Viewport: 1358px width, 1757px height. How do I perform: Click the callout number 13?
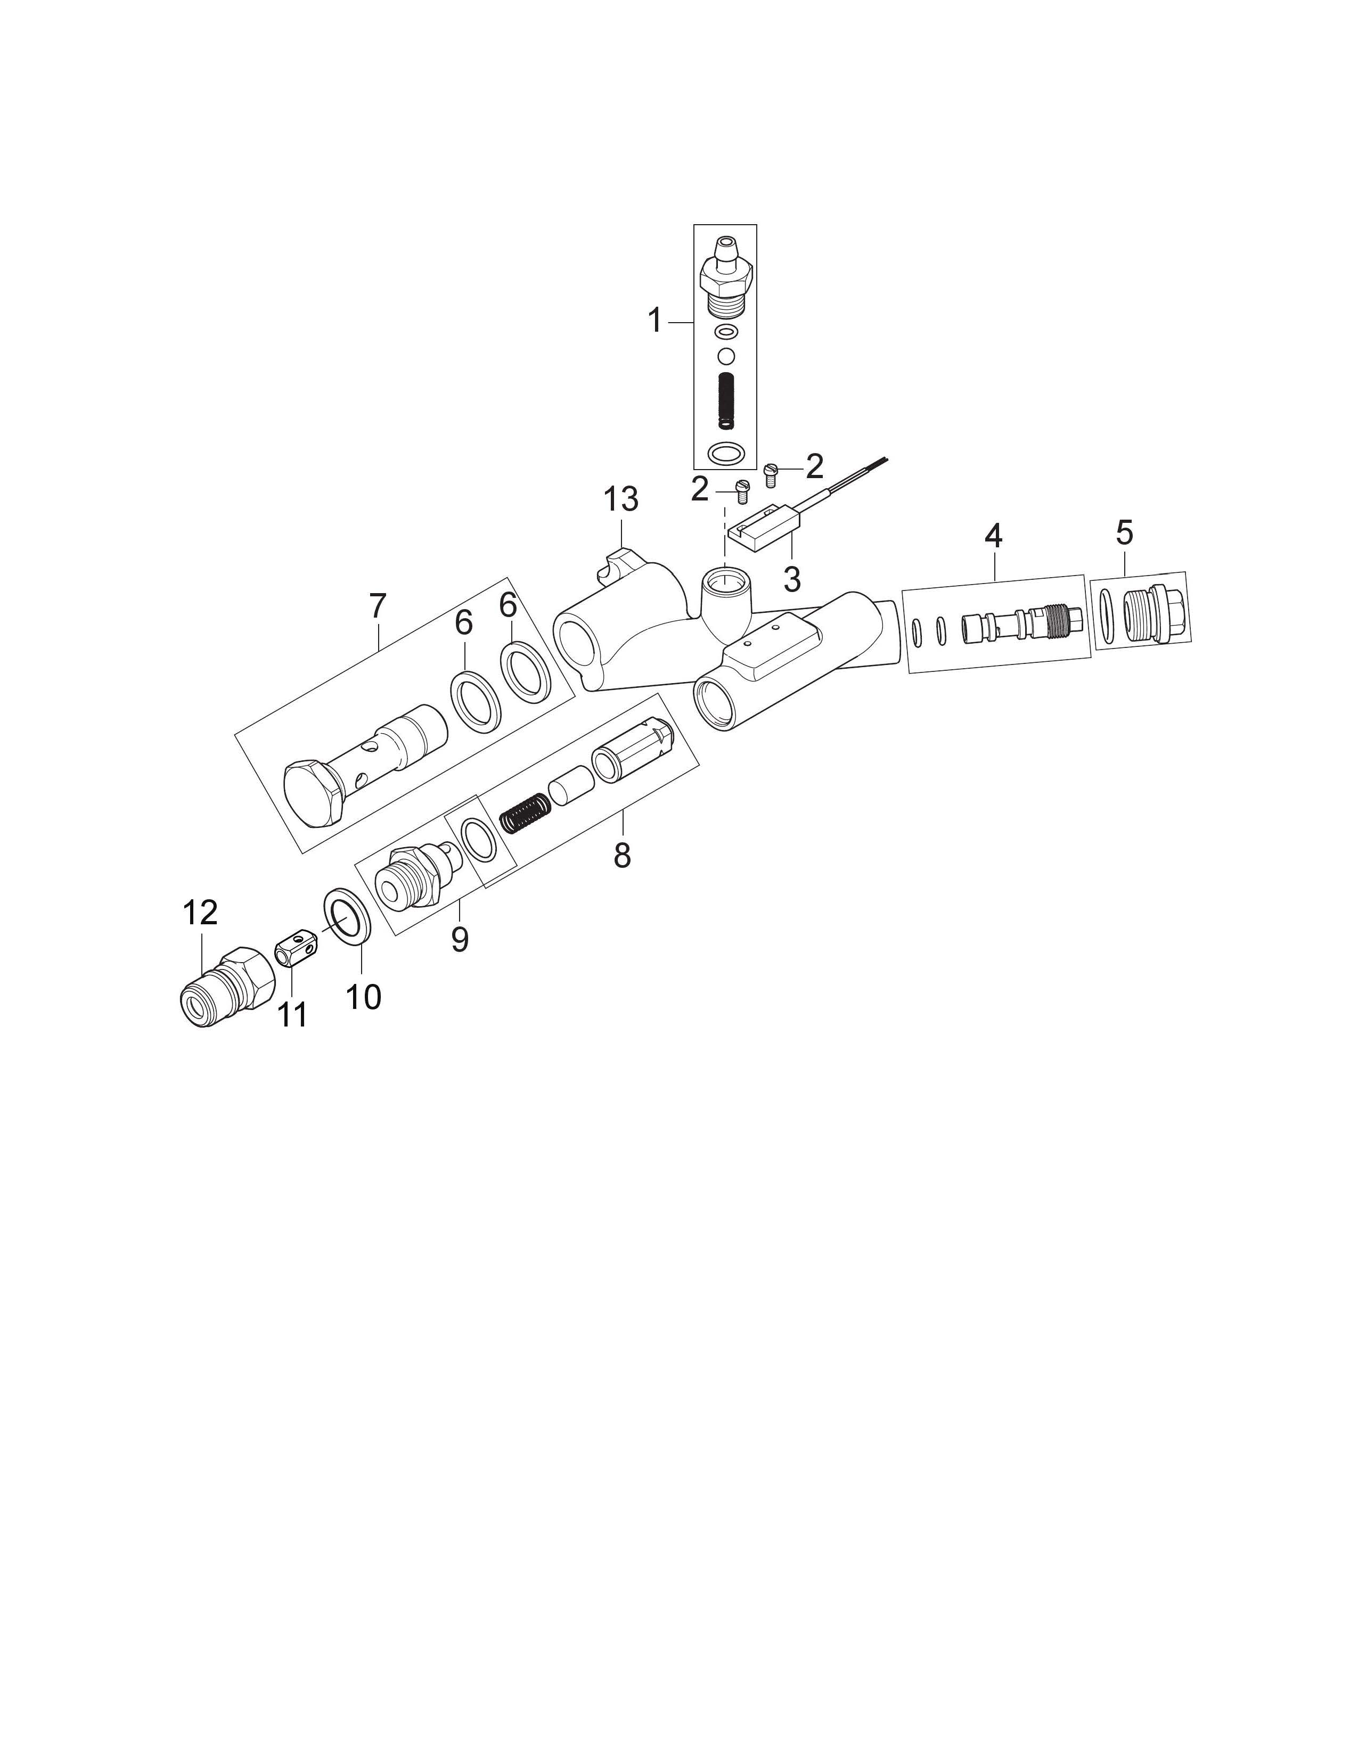coord(621,499)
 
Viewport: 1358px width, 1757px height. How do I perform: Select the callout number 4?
coord(994,536)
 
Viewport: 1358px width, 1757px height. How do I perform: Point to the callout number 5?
coord(1125,532)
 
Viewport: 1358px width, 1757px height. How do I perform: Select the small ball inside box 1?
coord(726,355)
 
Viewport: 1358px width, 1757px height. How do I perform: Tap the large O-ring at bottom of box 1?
coord(725,453)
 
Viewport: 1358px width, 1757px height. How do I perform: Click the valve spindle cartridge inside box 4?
coord(1024,625)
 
